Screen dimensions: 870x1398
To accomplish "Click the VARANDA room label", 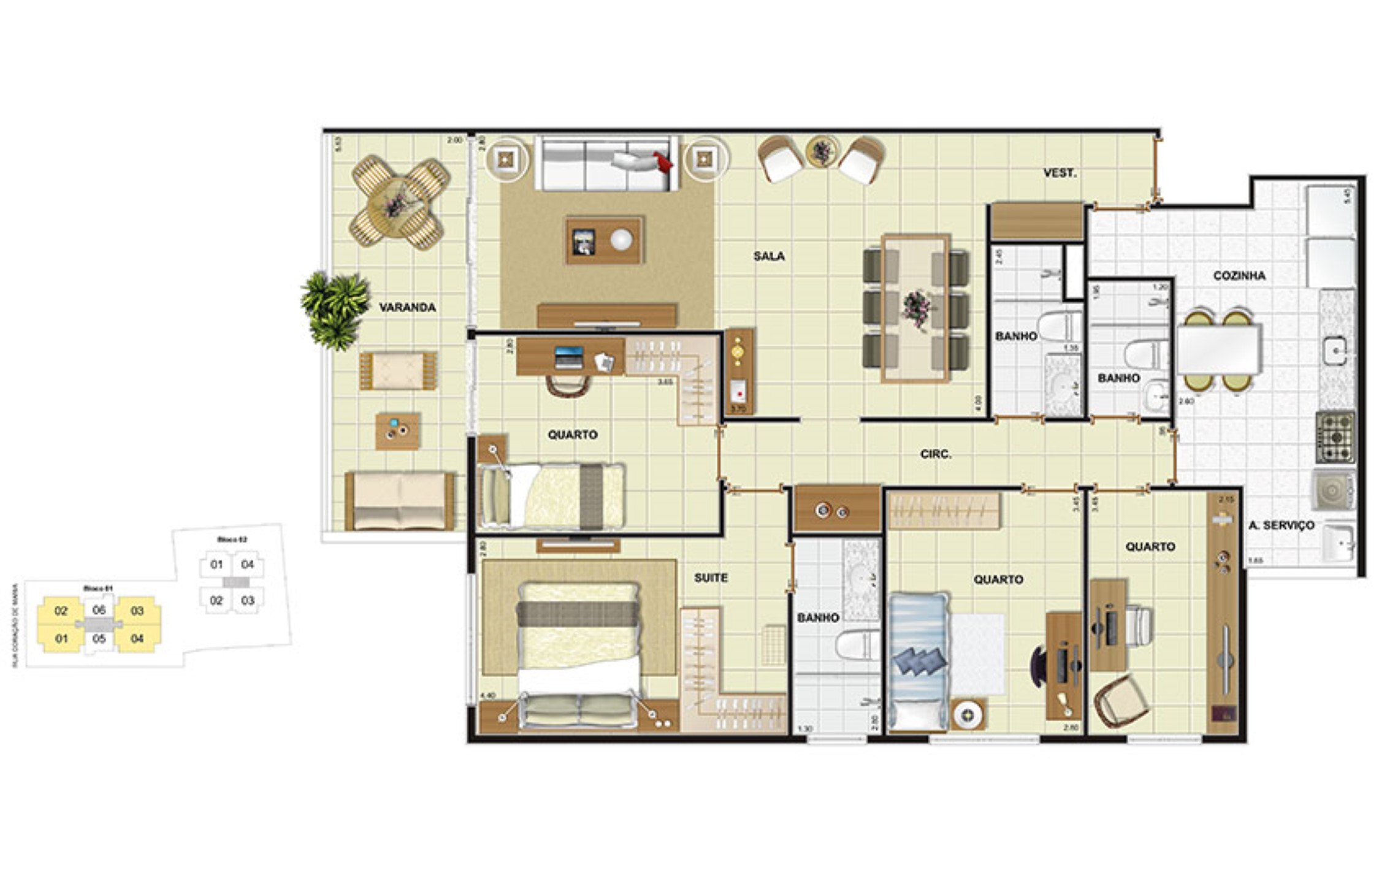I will [407, 307].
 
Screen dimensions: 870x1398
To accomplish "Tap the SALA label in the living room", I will [769, 256].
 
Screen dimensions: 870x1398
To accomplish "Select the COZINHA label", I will [1239, 276].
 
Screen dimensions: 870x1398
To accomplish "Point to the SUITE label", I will [711, 578].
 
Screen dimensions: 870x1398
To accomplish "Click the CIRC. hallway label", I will [936, 454].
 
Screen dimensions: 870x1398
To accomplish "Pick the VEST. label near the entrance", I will [1060, 174].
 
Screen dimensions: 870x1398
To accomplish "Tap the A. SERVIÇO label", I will [1281, 525].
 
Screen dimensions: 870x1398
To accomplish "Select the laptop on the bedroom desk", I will [569, 357].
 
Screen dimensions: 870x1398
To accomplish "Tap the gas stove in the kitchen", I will [1334, 437].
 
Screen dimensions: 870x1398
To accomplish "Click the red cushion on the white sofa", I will [663, 162].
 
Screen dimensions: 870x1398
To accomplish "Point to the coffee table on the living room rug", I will [605, 240].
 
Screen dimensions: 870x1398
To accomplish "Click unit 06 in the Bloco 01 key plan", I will [99, 610].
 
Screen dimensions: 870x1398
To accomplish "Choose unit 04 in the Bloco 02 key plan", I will [248, 565].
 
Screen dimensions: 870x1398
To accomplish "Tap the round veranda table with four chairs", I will [399, 202].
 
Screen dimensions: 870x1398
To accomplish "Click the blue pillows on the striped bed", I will [917, 663].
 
